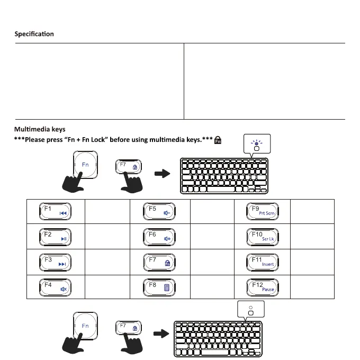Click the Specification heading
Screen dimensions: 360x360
(34, 34)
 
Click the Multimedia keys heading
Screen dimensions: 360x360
(39, 129)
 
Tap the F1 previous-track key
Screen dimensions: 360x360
(55, 211)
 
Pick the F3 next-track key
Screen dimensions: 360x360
(55, 262)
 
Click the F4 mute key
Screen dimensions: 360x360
(55, 287)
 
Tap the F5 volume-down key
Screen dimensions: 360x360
(159, 211)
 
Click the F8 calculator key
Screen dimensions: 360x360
(159, 287)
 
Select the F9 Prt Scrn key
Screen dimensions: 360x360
(263, 211)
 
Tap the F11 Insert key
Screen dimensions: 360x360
(263, 262)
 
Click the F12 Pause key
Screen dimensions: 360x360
(263, 287)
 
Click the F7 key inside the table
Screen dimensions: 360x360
(159, 262)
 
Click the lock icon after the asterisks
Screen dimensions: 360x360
(218, 141)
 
